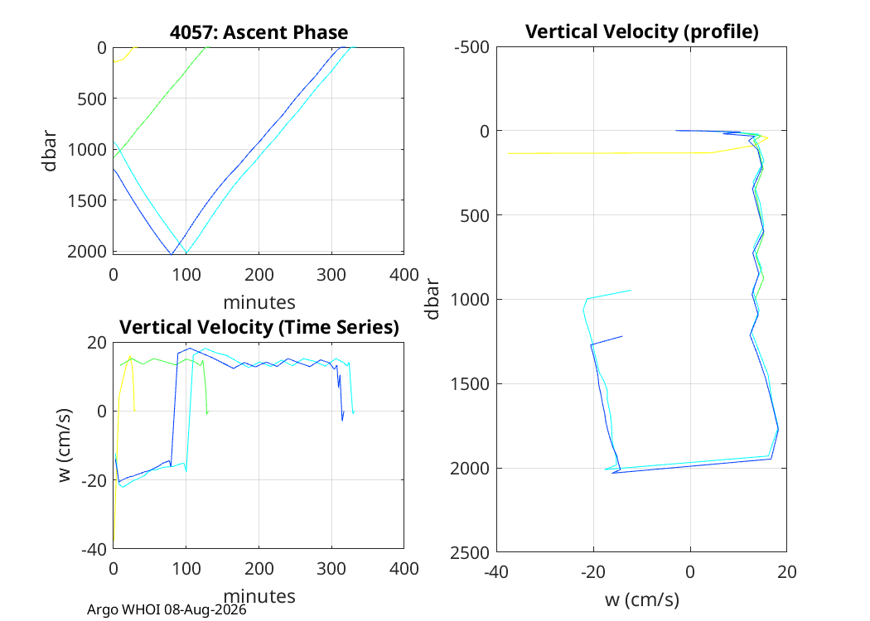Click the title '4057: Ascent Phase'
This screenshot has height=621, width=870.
click(259, 32)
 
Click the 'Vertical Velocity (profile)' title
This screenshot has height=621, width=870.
click(642, 31)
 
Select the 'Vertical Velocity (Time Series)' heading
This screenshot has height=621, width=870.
click(259, 327)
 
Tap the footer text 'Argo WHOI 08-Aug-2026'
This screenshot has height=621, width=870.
click(167, 610)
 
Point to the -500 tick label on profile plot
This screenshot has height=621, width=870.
click(471, 47)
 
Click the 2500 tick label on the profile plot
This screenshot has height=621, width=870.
click(470, 552)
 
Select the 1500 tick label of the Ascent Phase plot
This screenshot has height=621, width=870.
click(87, 200)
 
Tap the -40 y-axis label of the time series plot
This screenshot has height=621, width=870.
click(94, 550)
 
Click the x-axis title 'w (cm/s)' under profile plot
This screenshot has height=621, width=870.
click(642, 599)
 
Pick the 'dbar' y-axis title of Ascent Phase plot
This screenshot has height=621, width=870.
click(50, 151)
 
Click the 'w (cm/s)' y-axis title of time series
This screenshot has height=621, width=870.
click(65, 445)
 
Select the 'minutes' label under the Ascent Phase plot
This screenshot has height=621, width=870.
click(259, 302)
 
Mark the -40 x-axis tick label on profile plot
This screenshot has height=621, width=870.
click(496, 571)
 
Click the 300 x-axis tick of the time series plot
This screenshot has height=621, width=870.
click(331, 569)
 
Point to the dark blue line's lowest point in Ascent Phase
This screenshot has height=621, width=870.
click(171, 254)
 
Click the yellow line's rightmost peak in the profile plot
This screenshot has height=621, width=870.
click(768, 137)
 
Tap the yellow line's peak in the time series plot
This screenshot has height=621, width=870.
click(130, 356)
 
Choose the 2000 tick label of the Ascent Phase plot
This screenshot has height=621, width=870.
click(87, 252)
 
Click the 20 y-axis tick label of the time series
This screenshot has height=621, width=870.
click(97, 343)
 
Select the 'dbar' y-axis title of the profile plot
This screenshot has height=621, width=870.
click(432, 300)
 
